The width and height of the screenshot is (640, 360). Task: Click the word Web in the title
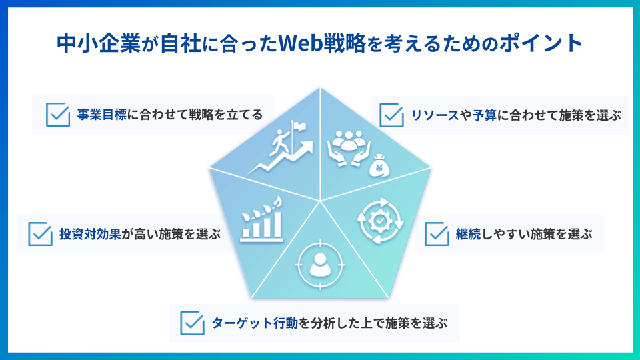301,43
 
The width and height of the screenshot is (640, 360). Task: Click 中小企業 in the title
99,43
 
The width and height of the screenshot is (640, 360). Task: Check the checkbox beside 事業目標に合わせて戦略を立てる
58,114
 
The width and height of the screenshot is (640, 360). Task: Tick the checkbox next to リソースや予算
391,115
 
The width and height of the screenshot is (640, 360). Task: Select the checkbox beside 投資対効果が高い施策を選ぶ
40,234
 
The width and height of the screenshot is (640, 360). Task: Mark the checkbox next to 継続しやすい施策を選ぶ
437,234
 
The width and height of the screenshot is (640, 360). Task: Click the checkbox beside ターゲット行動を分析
192,323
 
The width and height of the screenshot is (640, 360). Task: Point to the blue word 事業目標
101,115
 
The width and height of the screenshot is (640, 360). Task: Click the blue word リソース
435,115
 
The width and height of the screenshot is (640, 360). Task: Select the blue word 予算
485,115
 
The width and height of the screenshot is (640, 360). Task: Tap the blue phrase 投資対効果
90,234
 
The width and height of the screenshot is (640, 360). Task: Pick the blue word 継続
468,234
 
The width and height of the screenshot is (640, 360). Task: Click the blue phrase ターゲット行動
255,323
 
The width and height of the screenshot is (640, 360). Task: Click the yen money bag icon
379,165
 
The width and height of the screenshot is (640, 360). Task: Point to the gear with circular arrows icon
381,221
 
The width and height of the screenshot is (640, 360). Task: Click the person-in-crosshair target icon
320,265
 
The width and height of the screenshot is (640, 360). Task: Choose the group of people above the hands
349,140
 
